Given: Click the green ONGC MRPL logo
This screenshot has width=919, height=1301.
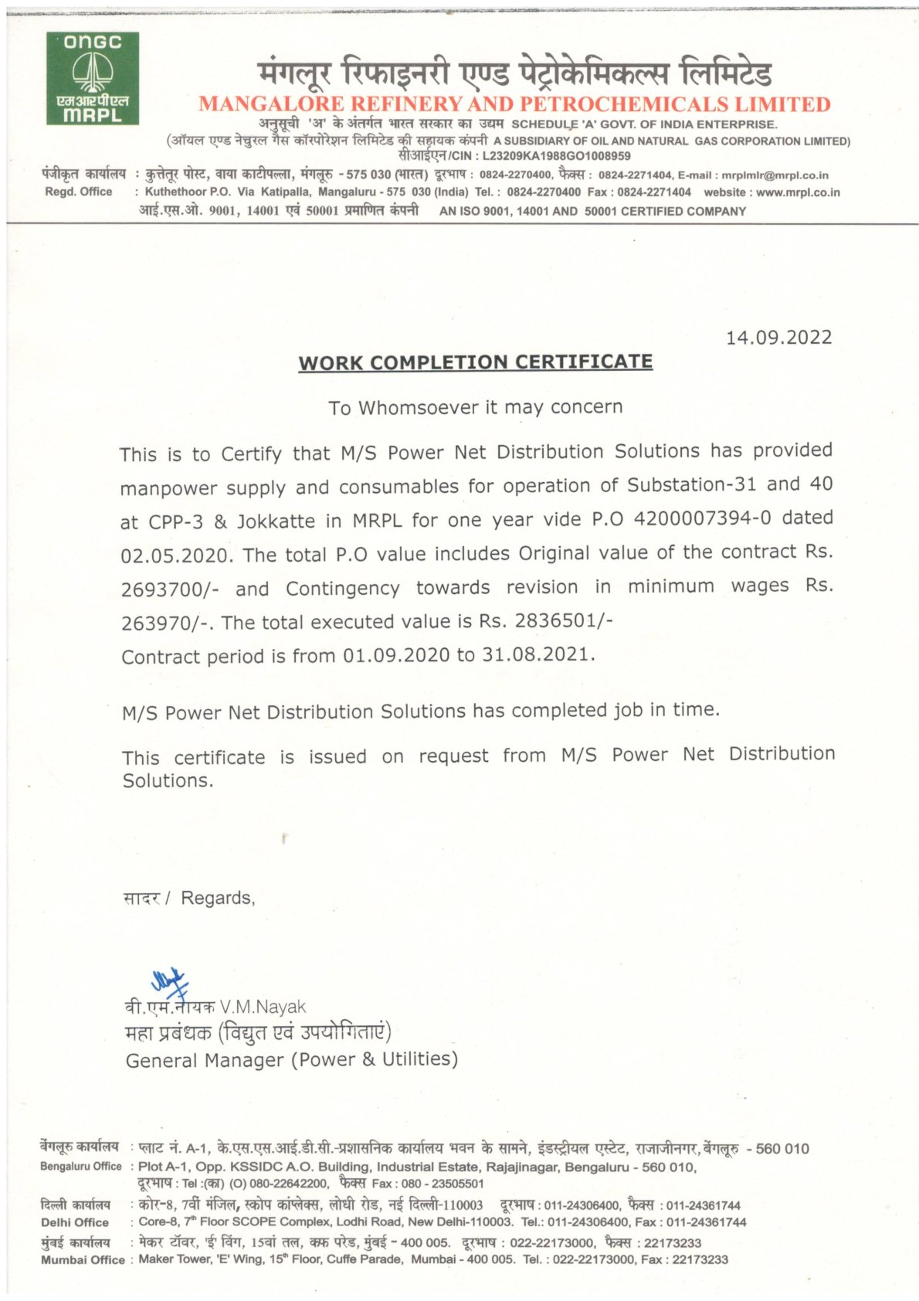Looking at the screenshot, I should point(92,78).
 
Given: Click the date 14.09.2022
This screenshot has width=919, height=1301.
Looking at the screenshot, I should point(778,338).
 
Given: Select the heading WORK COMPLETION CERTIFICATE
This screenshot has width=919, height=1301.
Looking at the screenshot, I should point(476,362).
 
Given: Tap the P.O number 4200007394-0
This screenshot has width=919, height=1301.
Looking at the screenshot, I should point(702,518).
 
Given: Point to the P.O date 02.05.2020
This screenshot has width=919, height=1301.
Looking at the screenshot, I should point(175,555).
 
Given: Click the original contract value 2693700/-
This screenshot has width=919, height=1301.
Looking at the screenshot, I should point(170,590).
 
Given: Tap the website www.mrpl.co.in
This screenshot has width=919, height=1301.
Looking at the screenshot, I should point(798,192).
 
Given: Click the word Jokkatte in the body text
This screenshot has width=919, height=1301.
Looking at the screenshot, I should point(276,521).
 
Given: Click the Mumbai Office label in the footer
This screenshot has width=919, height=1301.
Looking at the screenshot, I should point(83,1260).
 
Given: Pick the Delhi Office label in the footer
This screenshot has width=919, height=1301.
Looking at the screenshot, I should point(75,1222).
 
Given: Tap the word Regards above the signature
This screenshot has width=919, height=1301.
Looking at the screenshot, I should point(217,898).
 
